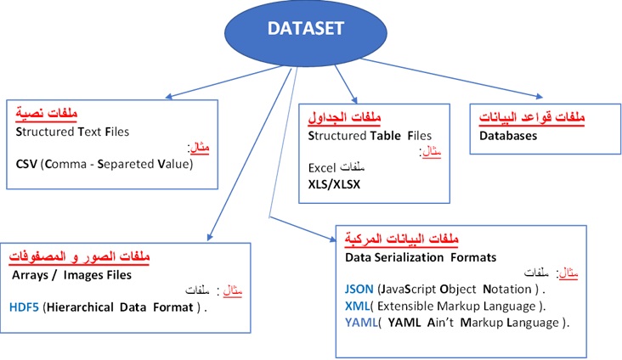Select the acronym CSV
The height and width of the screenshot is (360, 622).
pyautogui.click(x=27, y=164)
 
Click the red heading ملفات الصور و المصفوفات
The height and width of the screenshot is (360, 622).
pyautogui.click(x=67, y=255)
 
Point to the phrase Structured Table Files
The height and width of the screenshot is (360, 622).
pyautogui.click(x=370, y=135)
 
